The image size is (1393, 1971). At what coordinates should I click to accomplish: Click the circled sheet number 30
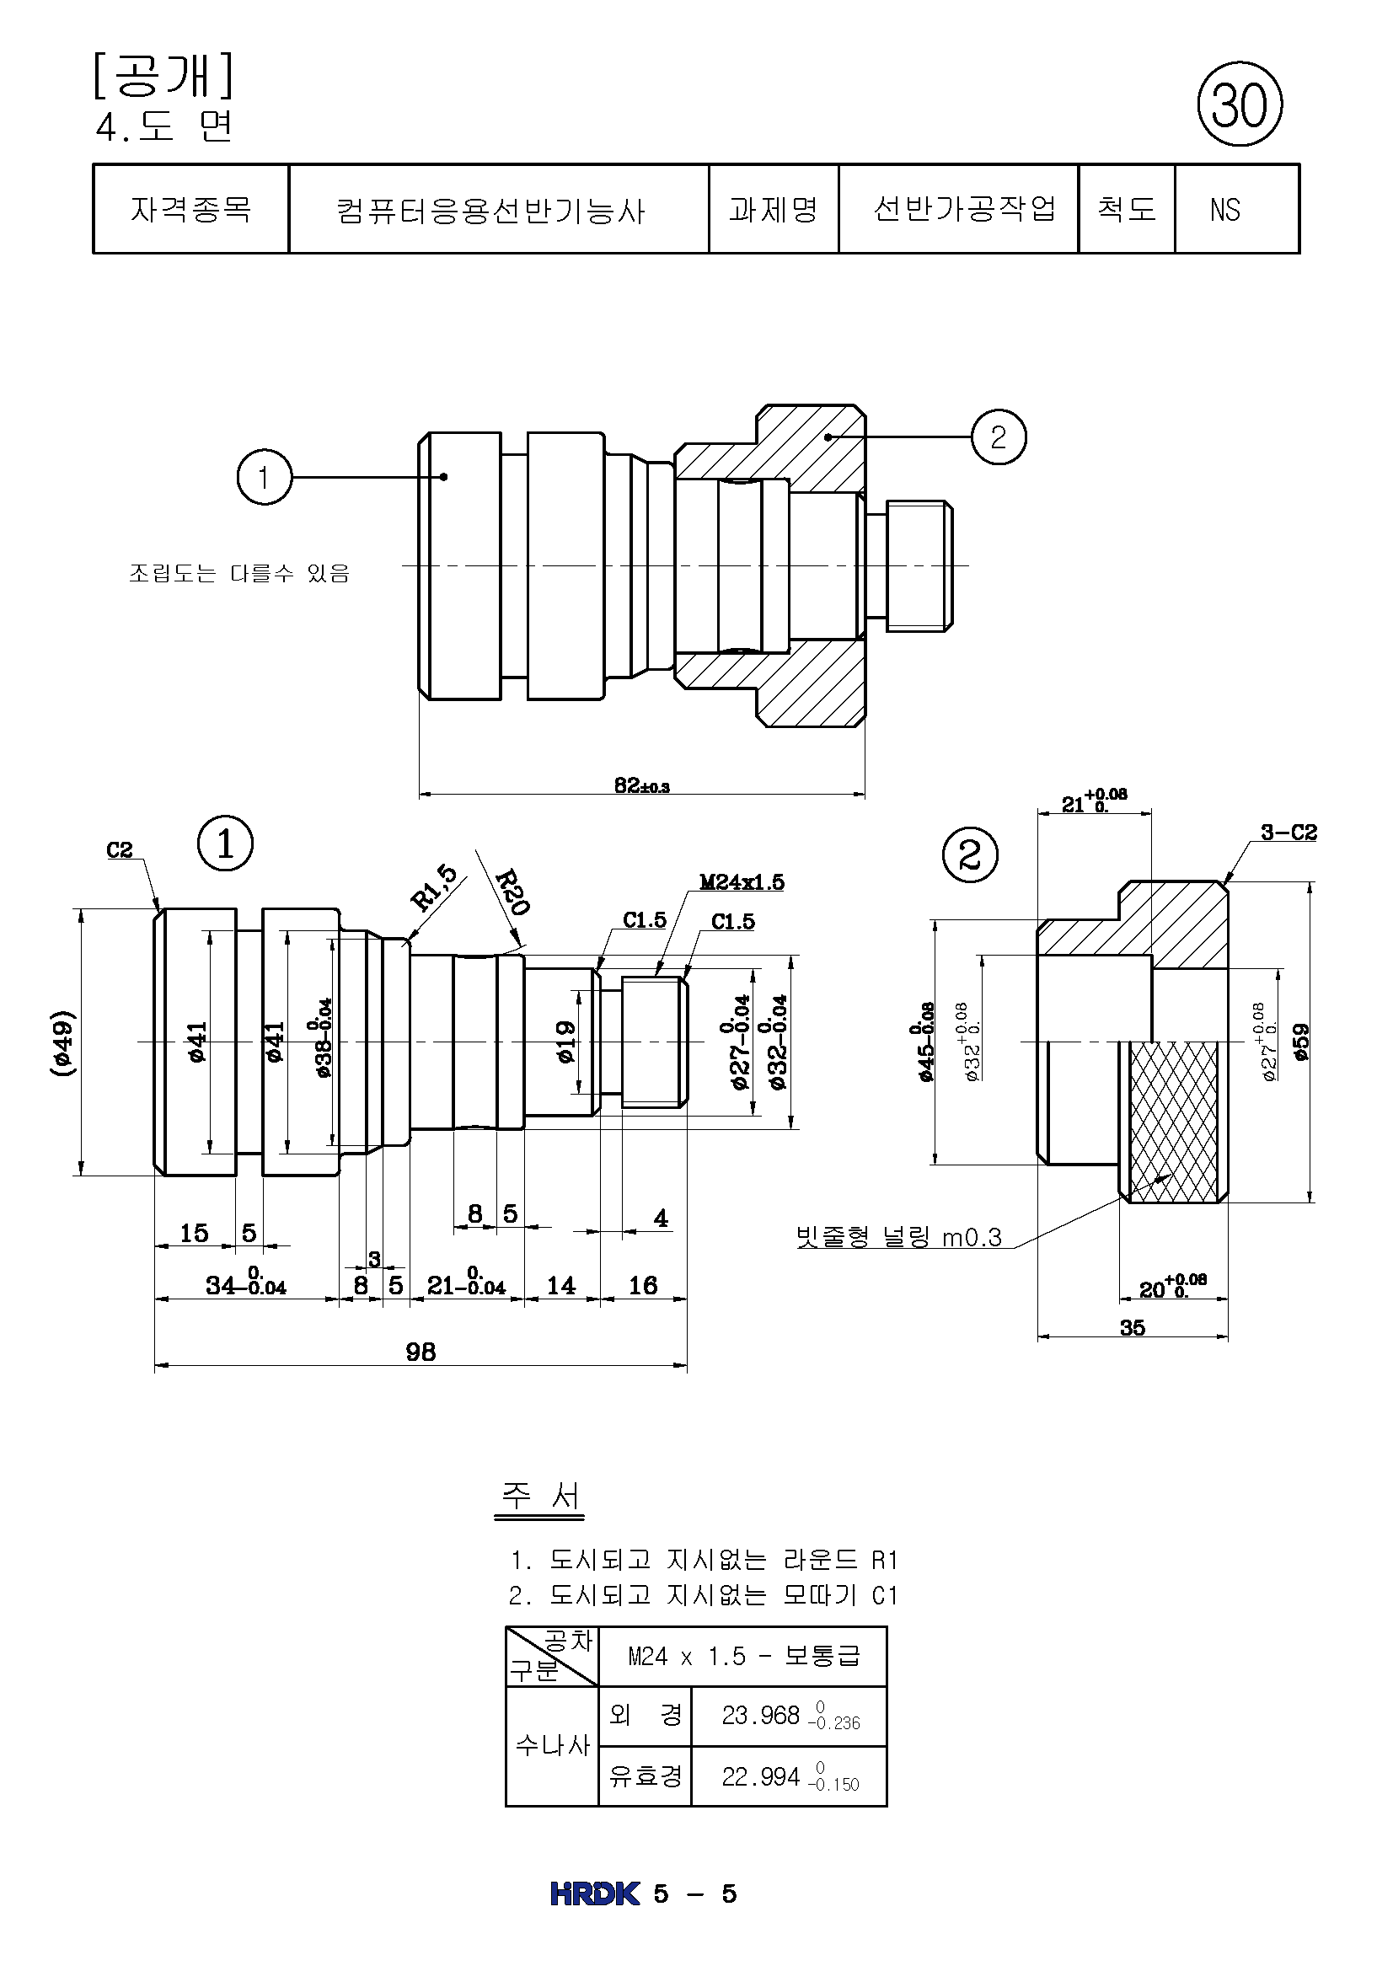coord(1240,104)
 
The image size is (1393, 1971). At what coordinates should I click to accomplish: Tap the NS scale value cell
coord(1237,210)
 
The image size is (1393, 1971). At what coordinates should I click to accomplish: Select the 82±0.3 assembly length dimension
coord(642,785)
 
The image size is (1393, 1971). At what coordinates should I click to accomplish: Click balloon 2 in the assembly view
coord(998,437)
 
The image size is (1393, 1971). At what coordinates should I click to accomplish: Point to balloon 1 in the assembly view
coord(265,476)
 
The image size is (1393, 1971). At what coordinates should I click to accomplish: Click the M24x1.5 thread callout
coord(742,882)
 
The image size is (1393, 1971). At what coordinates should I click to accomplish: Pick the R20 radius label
coord(513,892)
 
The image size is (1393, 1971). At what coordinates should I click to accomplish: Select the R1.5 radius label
coord(435,887)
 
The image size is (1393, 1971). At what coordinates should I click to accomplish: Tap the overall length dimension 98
coord(421,1352)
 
